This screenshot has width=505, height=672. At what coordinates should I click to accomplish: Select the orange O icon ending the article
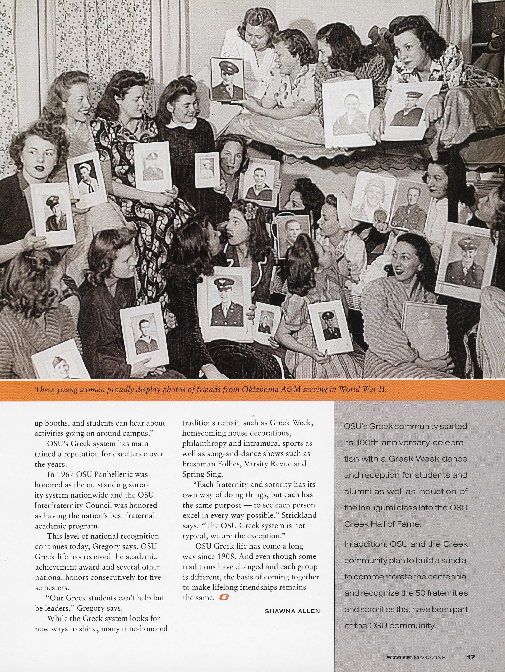[224, 597]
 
